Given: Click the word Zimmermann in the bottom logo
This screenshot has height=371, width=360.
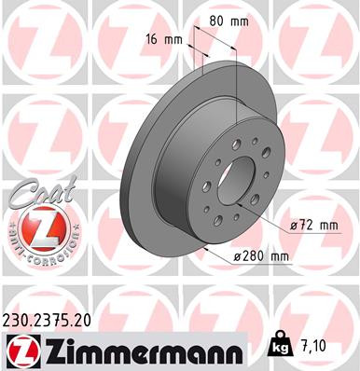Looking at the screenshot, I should pyautogui.click(x=140, y=350).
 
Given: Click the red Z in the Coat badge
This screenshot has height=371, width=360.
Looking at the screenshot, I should pyautogui.click(x=36, y=227).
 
